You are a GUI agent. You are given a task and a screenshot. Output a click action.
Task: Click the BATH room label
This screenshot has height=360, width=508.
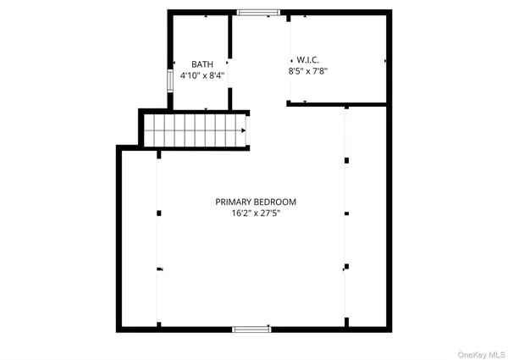[x=202, y=64]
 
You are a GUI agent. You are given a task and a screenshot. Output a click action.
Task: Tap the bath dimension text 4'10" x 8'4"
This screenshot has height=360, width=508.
[x=202, y=76]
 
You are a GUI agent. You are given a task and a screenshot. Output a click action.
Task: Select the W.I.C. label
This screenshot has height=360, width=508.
[x=306, y=60]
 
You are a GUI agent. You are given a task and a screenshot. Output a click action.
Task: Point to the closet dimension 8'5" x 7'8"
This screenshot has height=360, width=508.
[x=308, y=72]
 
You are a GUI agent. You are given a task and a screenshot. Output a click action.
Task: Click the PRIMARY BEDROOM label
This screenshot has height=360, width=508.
[x=256, y=202]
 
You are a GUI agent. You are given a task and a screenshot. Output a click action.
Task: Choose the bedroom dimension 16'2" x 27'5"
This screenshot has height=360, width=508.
[x=256, y=213]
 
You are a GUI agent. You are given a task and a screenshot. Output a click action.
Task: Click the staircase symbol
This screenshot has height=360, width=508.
[x=196, y=131]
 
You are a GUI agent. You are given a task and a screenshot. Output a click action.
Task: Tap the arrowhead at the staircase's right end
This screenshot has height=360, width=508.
[x=244, y=130]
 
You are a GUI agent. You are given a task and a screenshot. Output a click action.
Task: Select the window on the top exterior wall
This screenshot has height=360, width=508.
[x=257, y=13]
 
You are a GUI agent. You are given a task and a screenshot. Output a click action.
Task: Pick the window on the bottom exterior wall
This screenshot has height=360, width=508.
[x=251, y=329]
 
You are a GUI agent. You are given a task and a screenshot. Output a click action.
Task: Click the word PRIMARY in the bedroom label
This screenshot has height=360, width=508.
[x=234, y=202]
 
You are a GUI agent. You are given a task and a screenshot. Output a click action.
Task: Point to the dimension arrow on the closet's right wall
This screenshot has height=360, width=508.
[x=386, y=61]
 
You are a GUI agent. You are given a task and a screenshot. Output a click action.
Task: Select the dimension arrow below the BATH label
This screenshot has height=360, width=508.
[x=207, y=108]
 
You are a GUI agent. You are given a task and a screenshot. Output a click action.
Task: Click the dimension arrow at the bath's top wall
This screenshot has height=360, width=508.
[x=207, y=15]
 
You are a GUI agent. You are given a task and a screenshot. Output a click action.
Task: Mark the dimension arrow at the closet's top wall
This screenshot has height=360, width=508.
[x=305, y=15]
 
